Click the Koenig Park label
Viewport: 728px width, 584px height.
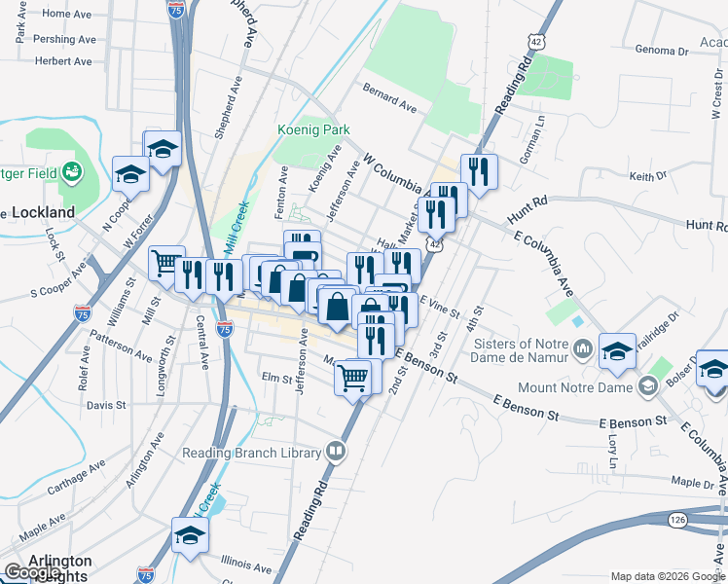point(311,130)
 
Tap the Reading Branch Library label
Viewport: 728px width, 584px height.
point(251,453)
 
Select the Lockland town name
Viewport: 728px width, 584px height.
point(43,211)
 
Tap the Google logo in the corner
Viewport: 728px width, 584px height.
point(33,572)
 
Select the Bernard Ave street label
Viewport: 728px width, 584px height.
point(389,95)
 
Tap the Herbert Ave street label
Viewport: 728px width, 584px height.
point(62,60)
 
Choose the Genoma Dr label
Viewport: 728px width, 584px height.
point(669,50)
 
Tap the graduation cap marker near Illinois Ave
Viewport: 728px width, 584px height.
point(190,535)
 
